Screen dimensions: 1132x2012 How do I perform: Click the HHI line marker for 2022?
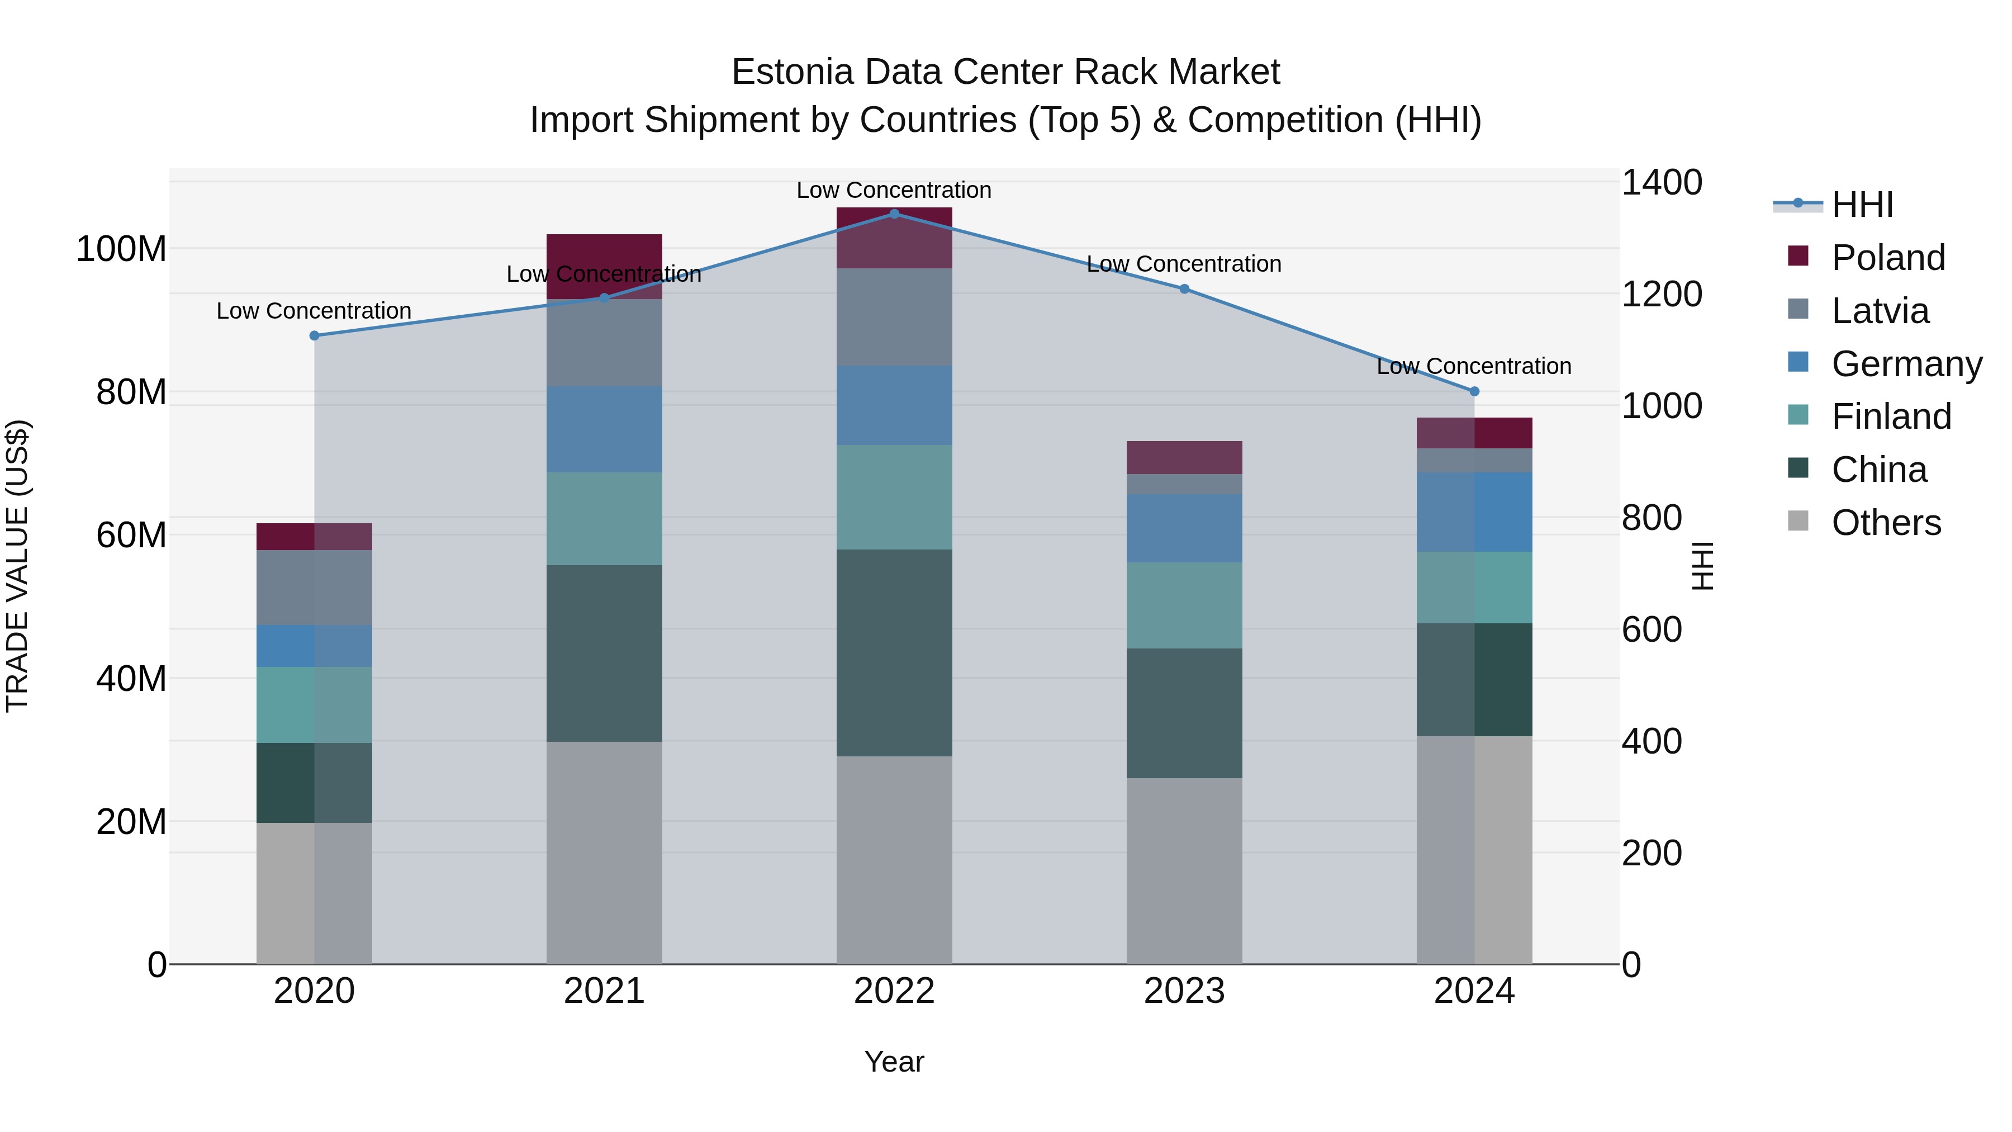tap(894, 214)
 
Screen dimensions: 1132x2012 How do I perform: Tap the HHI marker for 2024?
tap(1474, 391)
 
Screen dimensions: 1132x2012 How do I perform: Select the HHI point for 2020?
tap(314, 336)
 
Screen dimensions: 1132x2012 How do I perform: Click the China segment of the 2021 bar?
tap(604, 653)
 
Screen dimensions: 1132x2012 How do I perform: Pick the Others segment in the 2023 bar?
tap(1184, 870)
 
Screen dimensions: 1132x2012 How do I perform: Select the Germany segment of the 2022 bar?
tap(894, 405)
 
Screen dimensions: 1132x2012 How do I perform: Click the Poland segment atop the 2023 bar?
tap(1184, 458)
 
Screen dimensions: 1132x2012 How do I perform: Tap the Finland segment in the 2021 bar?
tap(604, 519)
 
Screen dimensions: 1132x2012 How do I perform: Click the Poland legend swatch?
tap(1797, 256)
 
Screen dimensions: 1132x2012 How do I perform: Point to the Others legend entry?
tap(1886, 523)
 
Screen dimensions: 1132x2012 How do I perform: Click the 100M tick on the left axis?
tap(121, 249)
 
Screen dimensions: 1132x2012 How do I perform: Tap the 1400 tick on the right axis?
tap(1662, 183)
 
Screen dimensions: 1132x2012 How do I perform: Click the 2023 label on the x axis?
tap(1184, 991)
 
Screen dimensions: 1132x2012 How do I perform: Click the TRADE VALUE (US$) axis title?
tap(17, 566)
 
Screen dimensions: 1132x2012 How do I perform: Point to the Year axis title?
tap(894, 1062)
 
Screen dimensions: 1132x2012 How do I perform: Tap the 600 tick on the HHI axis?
tap(1651, 629)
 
